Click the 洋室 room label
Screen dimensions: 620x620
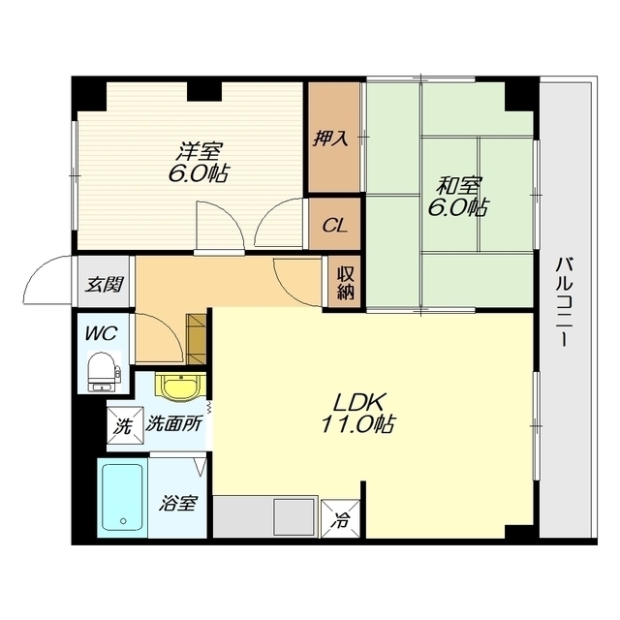click(x=201, y=150)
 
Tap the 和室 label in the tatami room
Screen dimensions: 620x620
click(x=458, y=185)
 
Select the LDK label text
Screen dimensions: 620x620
click(x=358, y=403)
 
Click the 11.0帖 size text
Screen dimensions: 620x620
click(x=357, y=424)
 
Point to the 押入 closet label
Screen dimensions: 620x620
click(x=330, y=138)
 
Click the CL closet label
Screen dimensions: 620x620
click(x=334, y=226)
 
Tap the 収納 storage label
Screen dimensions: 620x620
click(x=345, y=284)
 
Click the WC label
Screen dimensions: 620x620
click(x=101, y=333)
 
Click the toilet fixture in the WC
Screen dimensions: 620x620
click(x=104, y=371)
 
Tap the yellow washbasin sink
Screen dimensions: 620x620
click(x=181, y=387)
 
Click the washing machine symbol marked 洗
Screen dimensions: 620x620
click(x=124, y=427)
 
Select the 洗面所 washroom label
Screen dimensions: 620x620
click(x=174, y=424)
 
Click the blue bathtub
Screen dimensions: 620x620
click(x=122, y=497)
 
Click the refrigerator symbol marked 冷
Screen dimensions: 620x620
click(x=340, y=519)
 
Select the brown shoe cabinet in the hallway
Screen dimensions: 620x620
click(x=196, y=338)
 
